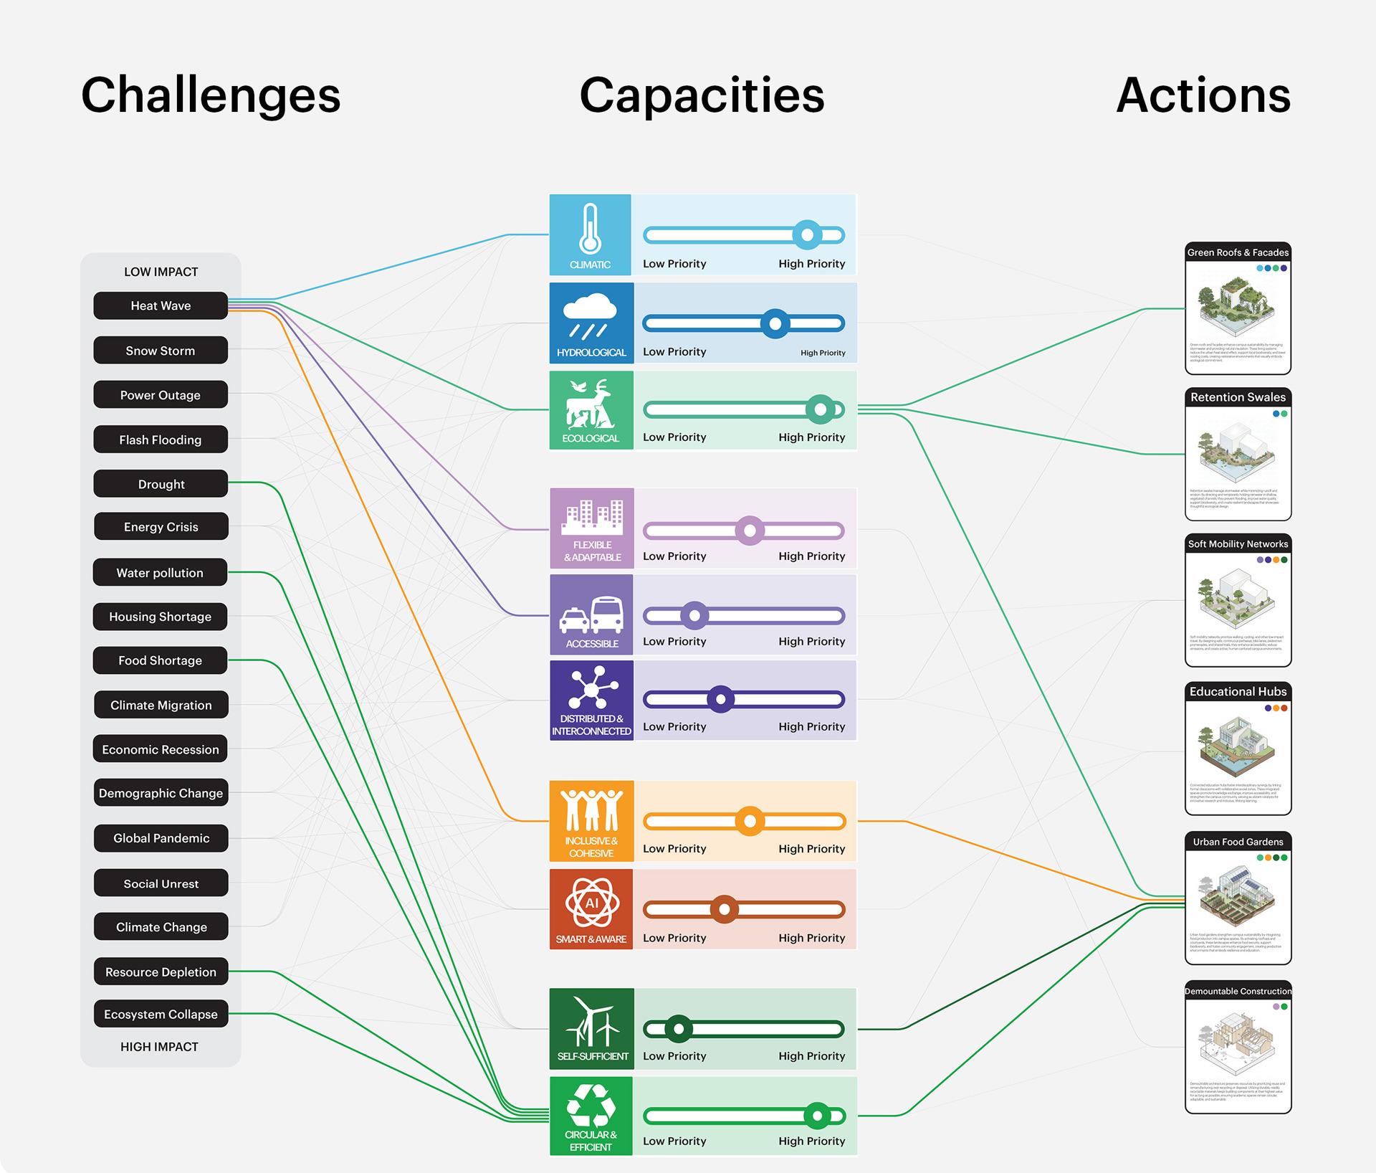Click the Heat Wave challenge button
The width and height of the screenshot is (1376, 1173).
[161, 305]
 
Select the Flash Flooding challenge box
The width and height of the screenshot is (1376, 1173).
[161, 440]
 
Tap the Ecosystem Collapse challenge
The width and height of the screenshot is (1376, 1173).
[161, 1014]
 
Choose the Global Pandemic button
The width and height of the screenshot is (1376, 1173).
[161, 838]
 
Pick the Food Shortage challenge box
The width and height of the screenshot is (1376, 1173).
[161, 660]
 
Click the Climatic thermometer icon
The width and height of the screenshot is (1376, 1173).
[590, 229]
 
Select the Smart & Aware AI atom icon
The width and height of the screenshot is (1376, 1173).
[591, 903]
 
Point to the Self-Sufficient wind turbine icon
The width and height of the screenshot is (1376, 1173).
[592, 1021]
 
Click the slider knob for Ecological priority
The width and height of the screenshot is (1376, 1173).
[821, 409]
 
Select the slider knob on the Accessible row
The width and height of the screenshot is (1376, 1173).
[694, 615]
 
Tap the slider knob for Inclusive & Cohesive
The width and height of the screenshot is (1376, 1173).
[750, 821]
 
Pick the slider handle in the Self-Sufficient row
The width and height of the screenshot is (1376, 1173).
[679, 1029]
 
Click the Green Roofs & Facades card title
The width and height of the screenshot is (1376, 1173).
[1238, 252]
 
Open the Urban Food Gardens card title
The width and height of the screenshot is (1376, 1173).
[1238, 842]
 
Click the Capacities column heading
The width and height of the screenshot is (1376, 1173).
[702, 95]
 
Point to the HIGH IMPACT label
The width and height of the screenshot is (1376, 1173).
[159, 1047]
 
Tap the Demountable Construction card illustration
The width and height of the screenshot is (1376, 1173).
[1238, 1043]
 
